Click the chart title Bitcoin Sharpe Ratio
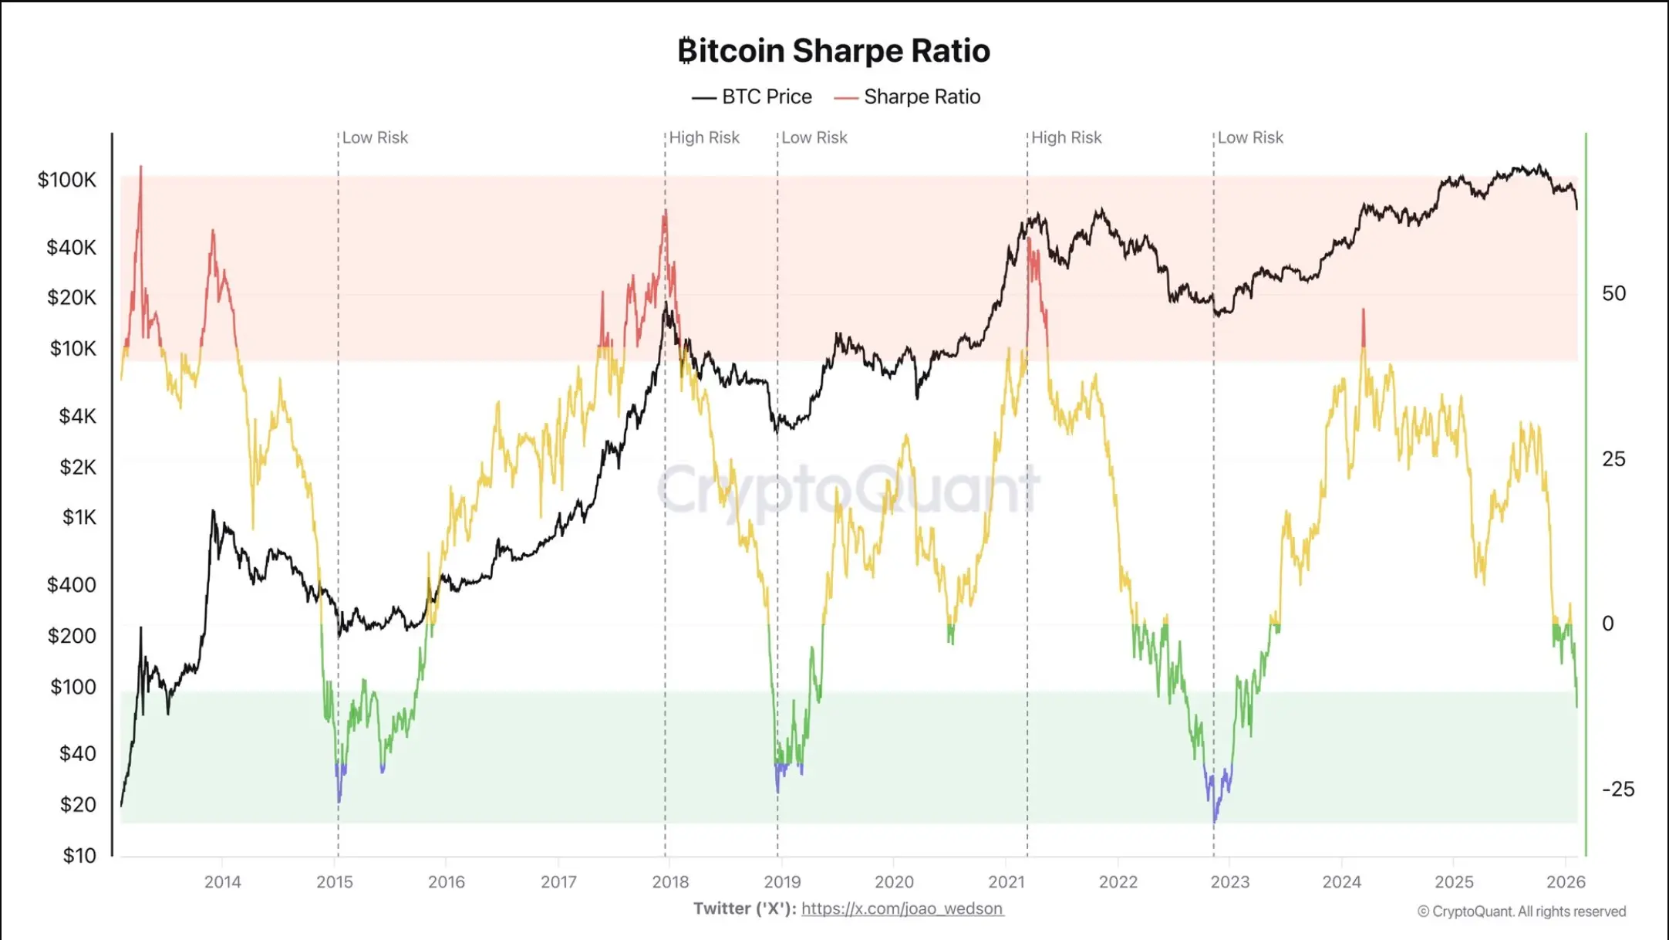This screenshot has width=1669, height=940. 834,51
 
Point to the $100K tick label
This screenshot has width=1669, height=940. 67,181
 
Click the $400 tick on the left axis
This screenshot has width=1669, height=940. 72,585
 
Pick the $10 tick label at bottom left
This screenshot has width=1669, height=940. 79,856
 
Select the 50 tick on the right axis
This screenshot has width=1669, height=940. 1613,294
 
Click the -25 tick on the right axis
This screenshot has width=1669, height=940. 1617,790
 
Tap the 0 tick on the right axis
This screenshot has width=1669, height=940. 1607,624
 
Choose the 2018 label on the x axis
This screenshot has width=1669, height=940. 670,882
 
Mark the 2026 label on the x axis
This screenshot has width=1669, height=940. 1566,882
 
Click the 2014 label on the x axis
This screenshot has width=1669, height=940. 222,882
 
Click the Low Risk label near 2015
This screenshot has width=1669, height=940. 375,138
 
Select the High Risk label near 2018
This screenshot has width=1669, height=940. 703,138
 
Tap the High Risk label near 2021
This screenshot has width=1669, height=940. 1066,138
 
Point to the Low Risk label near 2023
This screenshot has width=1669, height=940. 1250,138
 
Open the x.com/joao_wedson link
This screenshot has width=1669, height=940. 902,909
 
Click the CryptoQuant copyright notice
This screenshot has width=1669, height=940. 1521,912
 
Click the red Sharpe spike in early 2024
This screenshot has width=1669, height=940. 1363,328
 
